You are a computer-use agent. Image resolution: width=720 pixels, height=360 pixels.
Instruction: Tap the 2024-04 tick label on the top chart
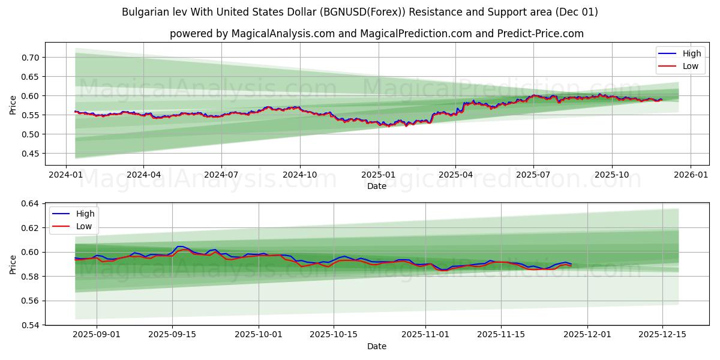click(143, 175)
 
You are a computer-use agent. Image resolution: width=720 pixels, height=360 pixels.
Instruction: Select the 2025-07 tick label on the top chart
click(533, 175)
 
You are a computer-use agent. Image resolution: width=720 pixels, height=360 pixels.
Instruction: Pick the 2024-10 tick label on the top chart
click(300, 175)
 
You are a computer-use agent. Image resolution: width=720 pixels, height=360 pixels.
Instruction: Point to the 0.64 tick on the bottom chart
click(30, 204)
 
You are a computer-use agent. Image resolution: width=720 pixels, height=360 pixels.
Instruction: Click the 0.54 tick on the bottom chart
click(30, 325)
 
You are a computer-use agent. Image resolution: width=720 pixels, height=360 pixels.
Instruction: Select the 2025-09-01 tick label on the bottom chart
click(96, 335)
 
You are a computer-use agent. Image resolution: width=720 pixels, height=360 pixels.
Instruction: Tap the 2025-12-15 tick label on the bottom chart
click(662, 335)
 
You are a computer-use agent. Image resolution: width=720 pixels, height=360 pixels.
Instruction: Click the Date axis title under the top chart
click(377, 186)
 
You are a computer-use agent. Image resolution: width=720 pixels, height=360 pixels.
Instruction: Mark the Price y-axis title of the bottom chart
click(13, 264)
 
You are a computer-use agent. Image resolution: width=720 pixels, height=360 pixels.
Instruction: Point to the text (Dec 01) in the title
click(577, 12)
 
